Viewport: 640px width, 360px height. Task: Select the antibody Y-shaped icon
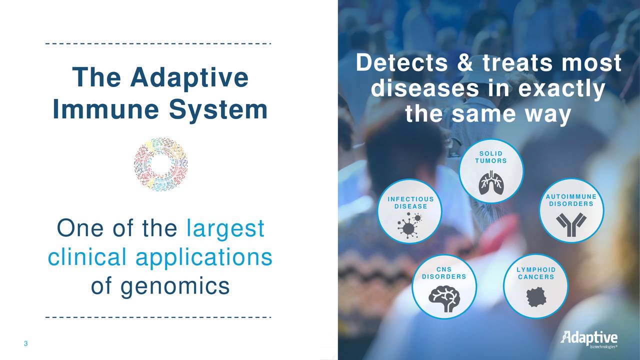(x=571, y=224)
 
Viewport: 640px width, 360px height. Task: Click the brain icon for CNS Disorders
(x=444, y=298)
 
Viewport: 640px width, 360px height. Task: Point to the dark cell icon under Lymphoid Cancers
(x=535, y=298)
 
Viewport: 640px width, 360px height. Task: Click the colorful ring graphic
(x=160, y=164)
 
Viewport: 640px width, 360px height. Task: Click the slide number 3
(x=25, y=343)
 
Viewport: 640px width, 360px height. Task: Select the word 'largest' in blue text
(x=225, y=229)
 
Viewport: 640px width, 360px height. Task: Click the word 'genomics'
(x=160, y=286)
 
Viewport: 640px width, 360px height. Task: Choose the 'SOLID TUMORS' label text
(x=491, y=157)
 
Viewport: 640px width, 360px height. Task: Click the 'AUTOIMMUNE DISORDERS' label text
(x=571, y=200)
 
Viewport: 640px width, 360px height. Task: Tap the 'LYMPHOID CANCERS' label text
(x=535, y=273)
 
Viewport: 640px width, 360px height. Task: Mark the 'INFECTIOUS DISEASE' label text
(x=410, y=203)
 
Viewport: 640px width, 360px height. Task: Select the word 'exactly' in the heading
(x=561, y=89)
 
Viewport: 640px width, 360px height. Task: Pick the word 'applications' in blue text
(x=203, y=257)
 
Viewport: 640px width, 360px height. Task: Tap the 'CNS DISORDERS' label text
(x=444, y=273)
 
